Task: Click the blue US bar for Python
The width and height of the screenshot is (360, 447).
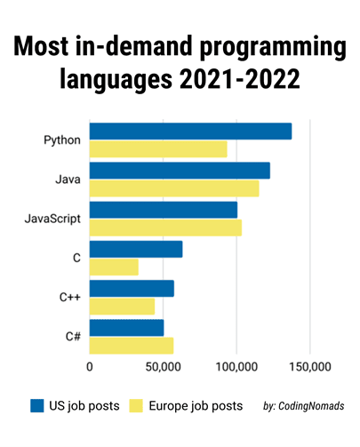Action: [190, 132]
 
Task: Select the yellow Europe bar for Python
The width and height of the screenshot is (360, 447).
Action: [158, 148]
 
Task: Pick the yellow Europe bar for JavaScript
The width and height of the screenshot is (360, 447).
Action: [165, 227]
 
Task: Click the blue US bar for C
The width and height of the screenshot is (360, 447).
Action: [136, 249]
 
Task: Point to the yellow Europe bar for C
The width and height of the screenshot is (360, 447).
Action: [114, 267]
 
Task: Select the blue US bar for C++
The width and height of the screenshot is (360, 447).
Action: [132, 288]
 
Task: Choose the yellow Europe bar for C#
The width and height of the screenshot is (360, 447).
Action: [132, 345]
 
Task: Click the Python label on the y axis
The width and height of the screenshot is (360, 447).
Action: [62, 140]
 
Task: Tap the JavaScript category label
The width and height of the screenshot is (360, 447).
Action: [52, 219]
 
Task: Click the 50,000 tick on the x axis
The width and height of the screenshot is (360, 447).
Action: [163, 365]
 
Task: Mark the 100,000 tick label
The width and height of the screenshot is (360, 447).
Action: [236, 365]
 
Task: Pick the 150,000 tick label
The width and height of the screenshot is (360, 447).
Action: [309, 365]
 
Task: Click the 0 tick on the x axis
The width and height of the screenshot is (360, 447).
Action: [90, 365]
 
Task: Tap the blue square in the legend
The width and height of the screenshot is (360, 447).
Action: [37, 405]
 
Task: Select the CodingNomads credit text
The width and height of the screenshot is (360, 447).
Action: [304, 406]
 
